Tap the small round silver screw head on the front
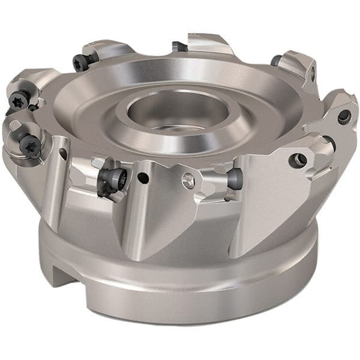click(188, 178)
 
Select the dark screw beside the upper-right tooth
click(276, 60)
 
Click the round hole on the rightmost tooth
click(344, 117)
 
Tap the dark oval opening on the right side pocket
click(328, 144)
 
